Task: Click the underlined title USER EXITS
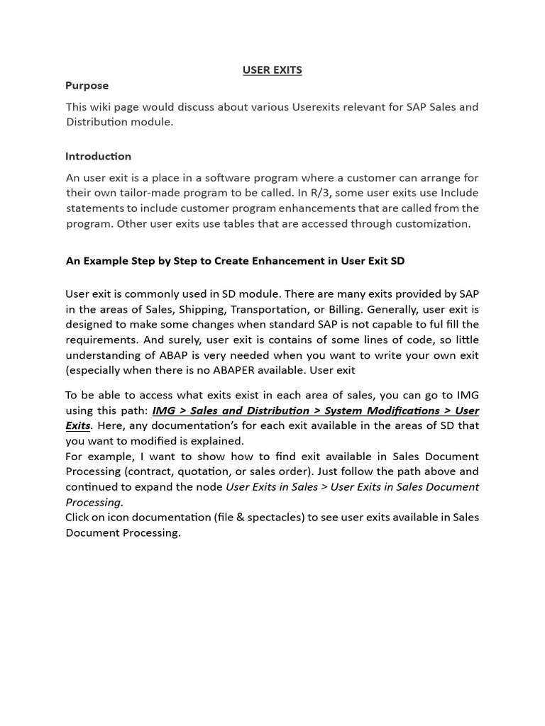272,69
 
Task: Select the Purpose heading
87,86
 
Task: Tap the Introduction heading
98,156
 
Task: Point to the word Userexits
319,107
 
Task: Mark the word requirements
99,340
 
